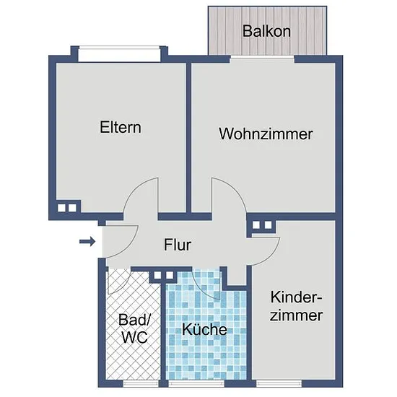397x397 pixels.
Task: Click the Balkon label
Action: (x=266, y=31)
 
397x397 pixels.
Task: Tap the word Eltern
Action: (x=121, y=127)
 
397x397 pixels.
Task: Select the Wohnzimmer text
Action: (x=266, y=134)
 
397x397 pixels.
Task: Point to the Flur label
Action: (x=178, y=245)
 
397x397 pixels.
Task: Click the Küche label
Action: (x=204, y=329)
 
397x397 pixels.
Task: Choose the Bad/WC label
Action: (x=134, y=328)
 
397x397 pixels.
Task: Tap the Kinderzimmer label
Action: (x=296, y=306)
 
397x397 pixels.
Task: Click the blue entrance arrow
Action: (x=87, y=242)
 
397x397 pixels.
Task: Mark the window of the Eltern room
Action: (x=119, y=54)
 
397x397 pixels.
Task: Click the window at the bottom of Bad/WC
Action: (x=141, y=383)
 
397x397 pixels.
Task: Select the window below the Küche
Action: (x=196, y=383)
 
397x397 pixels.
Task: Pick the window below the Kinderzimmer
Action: (x=279, y=383)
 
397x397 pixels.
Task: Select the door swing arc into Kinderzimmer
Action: (x=273, y=256)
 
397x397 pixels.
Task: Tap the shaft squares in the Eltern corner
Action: (x=67, y=208)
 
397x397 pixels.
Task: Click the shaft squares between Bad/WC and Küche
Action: (x=164, y=275)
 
